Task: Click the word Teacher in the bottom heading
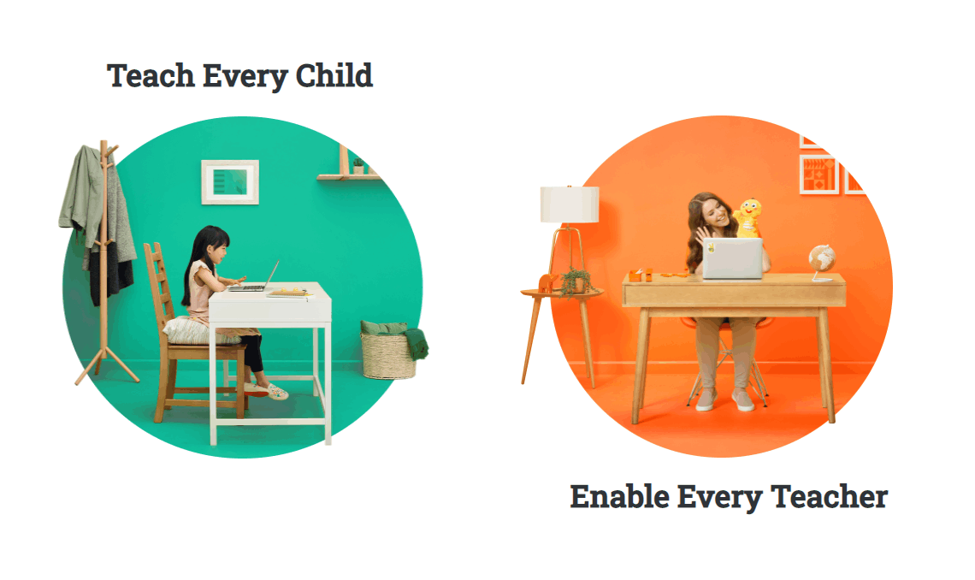click(x=829, y=497)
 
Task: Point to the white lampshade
click(x=570, y=204)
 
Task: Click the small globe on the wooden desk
click(x=821, y=262)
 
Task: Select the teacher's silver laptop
click(x=732, y=258)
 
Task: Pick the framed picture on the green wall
click(x=230, y=182)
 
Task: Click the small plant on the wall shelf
click(x=358, y=166)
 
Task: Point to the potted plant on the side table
click(x=576, y=281)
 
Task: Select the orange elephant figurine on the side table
click(x=547, y=283)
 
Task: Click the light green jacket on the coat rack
click(x=83, y=190)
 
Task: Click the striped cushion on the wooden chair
click(x=198, y=330)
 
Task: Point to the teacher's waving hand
click(x=703, y=236)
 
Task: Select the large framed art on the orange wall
click(x=819, y=175)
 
